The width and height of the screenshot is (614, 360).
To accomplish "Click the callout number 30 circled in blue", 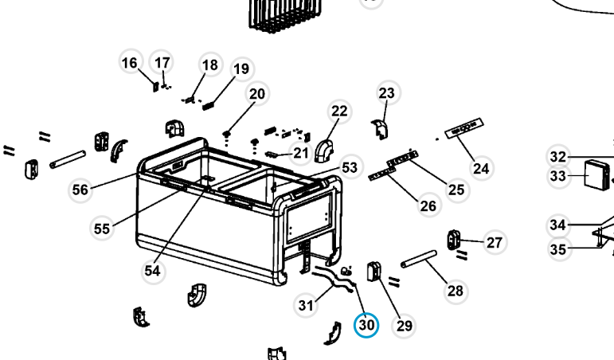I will (x=366, y=325).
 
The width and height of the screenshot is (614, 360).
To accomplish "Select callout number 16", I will (x=130, y=63).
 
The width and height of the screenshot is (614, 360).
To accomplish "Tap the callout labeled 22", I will (x=340, y=112).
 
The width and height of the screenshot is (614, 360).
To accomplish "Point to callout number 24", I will (x=480, y=168).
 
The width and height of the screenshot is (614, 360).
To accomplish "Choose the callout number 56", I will (x=80, y=190).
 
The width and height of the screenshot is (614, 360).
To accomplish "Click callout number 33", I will (x=557, y=175).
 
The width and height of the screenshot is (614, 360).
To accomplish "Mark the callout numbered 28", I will (x=455, y=291).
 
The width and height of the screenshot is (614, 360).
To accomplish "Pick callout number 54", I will (x=152, y=271).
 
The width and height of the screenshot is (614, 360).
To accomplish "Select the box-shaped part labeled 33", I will (x=596, y=174).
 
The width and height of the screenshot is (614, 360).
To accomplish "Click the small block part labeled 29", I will (x=373, y=272).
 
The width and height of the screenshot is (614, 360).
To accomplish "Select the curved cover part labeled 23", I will (x=380, y=128).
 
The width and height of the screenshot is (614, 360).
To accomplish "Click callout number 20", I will (x=256, y=94).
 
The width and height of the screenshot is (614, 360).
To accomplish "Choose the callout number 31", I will (x=306, y=304).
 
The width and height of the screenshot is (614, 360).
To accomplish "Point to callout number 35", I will (x=558, y=249).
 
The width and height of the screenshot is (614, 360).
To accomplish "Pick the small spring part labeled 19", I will (x=209, y=103).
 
